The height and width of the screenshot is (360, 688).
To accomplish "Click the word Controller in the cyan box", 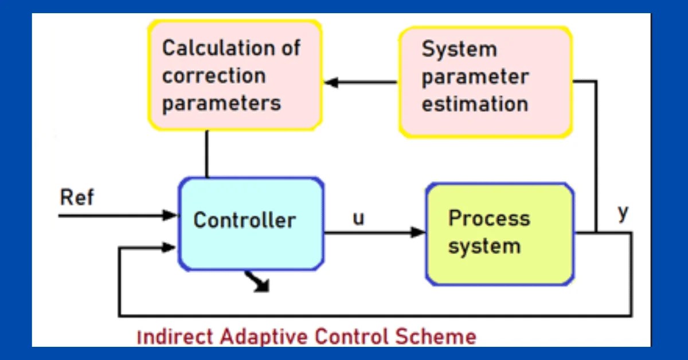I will point(245,220).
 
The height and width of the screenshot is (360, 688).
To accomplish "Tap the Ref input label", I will point(76,198).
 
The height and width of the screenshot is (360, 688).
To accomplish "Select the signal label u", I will point(358,218).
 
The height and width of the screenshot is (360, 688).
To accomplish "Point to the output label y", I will point(623,213).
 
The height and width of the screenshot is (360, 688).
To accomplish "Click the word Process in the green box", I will point(488,218).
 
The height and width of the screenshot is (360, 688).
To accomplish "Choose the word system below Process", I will point(484,246).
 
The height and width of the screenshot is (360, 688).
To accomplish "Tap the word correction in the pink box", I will point(214,76).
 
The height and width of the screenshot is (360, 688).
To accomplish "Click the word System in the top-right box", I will point(459,49).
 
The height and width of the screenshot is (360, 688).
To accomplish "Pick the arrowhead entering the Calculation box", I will point(331,83).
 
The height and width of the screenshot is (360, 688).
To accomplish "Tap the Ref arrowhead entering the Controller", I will point(170,216).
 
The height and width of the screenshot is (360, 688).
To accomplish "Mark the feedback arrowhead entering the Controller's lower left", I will point(170,247).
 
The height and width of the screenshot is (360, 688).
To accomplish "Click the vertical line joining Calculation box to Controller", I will point(206,154).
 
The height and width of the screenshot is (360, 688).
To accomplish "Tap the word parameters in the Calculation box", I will point(221,103).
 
